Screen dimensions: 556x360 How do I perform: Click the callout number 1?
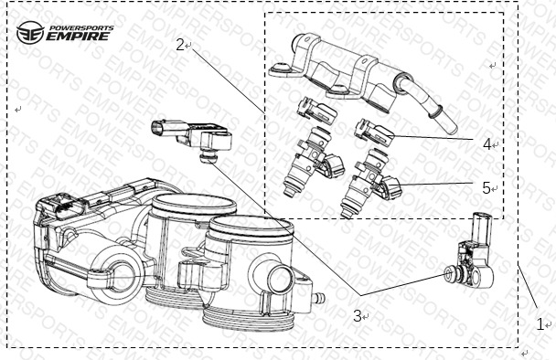tap(540, 324)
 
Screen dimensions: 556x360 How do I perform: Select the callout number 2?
tap(180, 45)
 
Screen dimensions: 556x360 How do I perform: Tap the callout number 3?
tap(357, 316)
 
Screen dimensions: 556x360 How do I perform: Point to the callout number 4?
tap(487, 144)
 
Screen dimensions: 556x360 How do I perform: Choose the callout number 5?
tap(486, 188)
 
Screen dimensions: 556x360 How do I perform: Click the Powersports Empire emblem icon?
tap(30, 33)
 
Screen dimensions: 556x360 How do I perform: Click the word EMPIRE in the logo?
tap(78, 37)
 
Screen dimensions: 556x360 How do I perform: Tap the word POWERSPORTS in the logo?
tap(81, 27)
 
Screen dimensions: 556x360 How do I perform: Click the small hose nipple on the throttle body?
tap(318, 297)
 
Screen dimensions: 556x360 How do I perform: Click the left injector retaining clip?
tap(316, 111)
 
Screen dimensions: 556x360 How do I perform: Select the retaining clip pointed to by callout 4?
tap(374, 132)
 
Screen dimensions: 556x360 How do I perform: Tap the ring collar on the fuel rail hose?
tap(435, 111)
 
